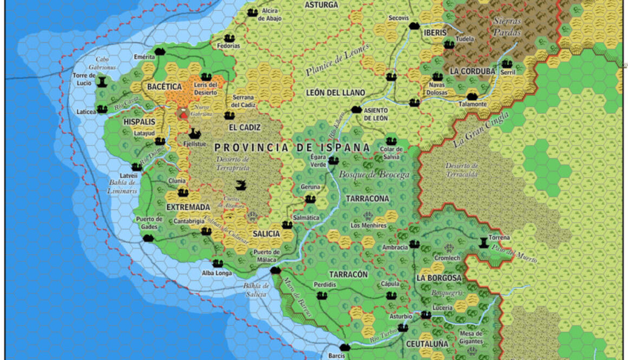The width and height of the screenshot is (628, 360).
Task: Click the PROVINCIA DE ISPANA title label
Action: pos(292,147)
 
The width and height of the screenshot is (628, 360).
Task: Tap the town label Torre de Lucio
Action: pos(84,79)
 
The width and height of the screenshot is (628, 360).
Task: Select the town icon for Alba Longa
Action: pos(217,264)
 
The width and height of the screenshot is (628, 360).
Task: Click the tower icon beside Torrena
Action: pos(483,242)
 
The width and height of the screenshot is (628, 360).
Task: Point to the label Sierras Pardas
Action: pos(507,27)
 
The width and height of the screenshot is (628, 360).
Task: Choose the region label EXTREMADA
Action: pos(188,207)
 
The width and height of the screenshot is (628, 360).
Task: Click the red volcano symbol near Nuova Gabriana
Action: pos(184,113)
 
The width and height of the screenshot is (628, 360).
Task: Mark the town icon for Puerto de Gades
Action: pos(148,237)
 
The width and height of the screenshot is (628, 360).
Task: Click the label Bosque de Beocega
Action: pos(374,175)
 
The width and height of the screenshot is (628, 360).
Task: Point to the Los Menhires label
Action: pos(368,225)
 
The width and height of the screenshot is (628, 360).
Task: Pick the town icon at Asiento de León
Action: pos(356,109)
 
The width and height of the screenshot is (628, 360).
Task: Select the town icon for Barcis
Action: pos(345,347)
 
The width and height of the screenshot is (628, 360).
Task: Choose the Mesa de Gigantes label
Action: pos(470,337)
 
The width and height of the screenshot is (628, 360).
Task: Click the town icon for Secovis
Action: pos(414,25)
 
